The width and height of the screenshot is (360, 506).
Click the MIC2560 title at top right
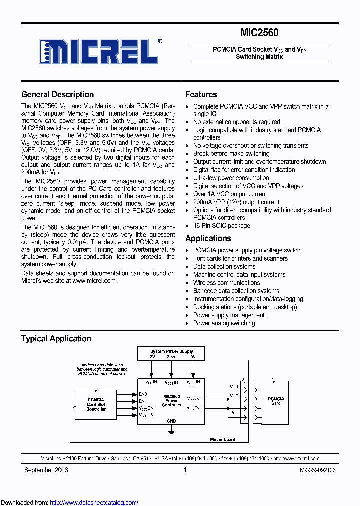coord(259,33)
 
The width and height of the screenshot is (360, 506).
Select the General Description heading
coord(57,94)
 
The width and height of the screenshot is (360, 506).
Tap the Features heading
coord(201,94)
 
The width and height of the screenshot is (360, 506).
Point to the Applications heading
coord(208,238)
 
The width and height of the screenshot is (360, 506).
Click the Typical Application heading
coord(56,338)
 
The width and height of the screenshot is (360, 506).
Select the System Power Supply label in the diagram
coord(171,351)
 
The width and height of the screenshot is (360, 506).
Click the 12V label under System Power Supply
coord(151,357)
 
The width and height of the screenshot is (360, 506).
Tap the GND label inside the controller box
coord(171,421)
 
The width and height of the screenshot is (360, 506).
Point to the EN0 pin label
coord(143,394)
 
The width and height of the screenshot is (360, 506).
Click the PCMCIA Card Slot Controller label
coord(96,404)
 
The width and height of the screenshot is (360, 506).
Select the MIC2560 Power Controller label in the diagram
coord(171,400)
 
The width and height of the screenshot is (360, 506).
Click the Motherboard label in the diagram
coord(222,439)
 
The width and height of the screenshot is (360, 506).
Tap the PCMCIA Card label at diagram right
coord(276,401)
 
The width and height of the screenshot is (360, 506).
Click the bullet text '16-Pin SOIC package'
coord(221,225)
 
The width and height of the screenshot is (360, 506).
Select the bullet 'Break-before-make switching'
coord(231,153)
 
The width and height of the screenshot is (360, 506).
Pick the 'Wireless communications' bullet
coord(226,282)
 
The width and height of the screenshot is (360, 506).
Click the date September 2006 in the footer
coord(46,470)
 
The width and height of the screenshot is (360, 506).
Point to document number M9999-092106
coord(317,470)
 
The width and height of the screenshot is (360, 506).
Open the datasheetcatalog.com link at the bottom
coord(94,502)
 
